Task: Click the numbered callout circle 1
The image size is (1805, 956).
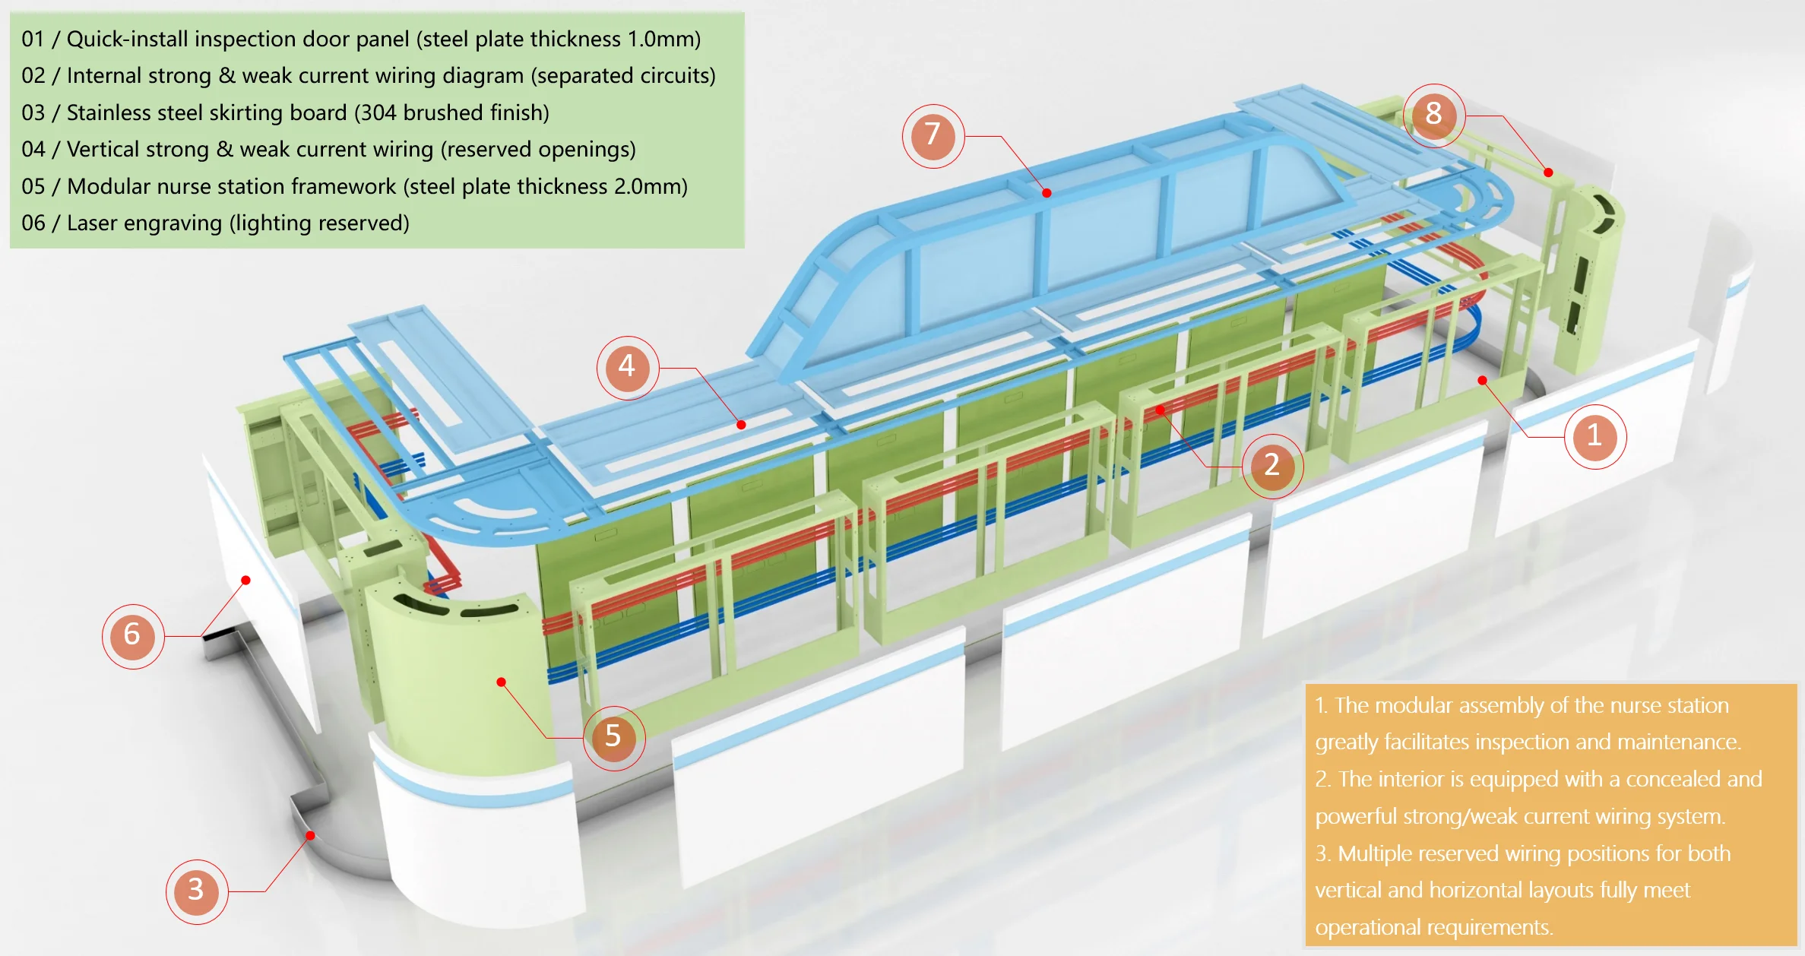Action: [1595, 437]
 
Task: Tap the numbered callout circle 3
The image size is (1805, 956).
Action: [197, 891]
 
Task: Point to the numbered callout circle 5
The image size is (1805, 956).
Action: [614, 737]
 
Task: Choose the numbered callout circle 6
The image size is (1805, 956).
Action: [133, 635]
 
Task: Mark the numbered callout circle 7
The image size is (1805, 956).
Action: [933, 136]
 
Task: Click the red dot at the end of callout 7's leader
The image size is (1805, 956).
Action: [1047, 193]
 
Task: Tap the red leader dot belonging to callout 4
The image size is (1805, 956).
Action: [741, 425]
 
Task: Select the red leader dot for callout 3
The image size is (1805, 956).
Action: [310, 836]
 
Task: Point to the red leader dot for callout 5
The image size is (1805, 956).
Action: [501, 682]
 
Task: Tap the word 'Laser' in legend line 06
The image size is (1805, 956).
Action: [91, 223]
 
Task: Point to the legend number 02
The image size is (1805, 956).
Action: [33, 76]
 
